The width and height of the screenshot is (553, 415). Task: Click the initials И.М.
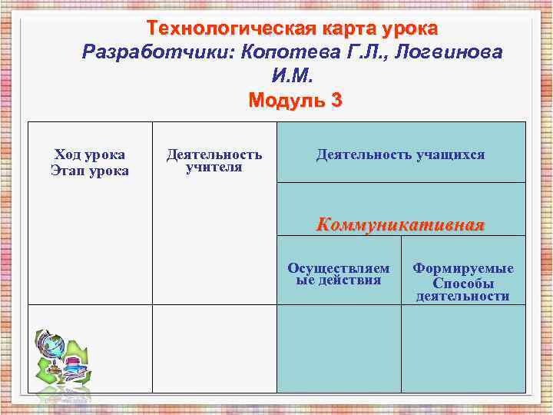293,77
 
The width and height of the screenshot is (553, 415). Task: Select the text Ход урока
90,154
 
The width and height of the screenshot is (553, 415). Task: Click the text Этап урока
90,169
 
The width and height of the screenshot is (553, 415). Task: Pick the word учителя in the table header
214,168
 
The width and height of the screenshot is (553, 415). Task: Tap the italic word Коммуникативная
401,224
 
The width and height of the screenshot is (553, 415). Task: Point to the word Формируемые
463,268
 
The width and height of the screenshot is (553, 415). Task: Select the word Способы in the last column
463,282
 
